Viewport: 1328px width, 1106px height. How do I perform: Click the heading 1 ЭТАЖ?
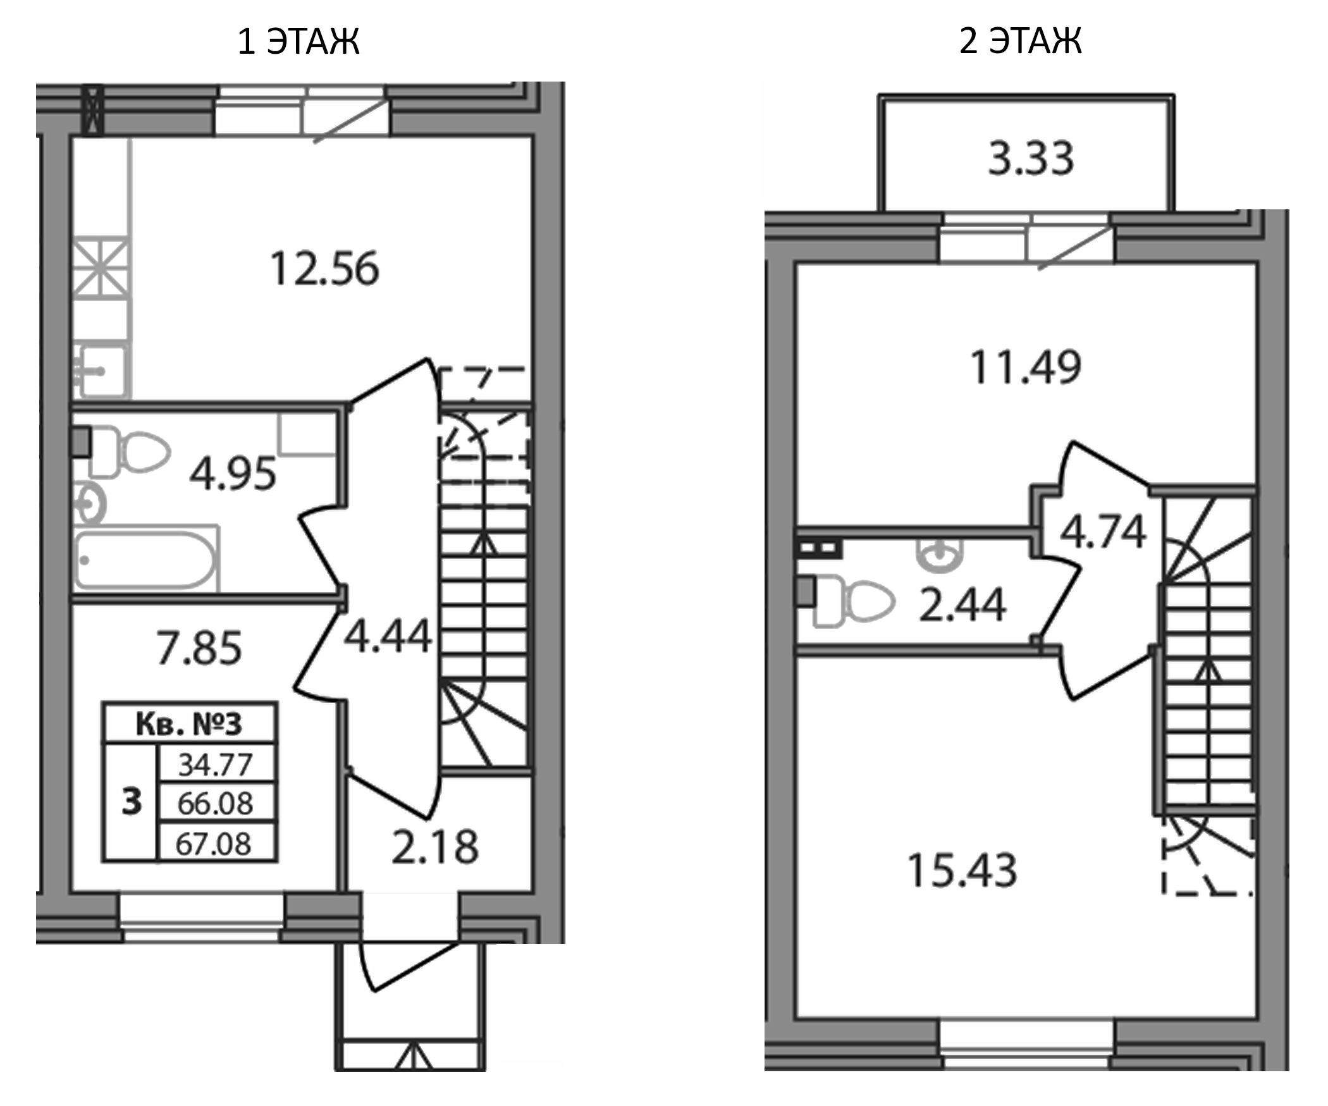298,42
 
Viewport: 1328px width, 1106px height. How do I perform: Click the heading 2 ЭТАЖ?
1020,42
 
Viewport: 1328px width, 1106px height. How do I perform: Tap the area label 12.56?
324,269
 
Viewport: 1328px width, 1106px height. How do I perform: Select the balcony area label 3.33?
1031,159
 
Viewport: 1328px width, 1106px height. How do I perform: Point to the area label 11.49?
1025,367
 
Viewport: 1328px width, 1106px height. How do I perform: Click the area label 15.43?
962,871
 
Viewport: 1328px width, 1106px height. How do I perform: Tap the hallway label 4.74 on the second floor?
1103,532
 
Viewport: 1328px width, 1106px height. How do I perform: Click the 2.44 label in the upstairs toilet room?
962,606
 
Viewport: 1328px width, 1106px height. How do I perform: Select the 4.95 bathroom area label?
233,474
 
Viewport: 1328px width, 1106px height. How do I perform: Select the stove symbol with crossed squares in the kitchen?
101,269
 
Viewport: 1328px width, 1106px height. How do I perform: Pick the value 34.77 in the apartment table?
216,765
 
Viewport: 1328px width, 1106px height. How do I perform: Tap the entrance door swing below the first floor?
405,968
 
